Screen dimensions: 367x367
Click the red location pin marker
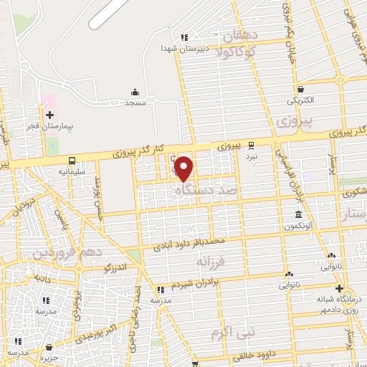(184, 168)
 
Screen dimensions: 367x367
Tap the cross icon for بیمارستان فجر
(49, 115)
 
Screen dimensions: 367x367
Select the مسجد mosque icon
(135, 92)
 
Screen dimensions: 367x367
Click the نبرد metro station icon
(251, 144)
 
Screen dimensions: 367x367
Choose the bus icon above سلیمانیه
(71, 161)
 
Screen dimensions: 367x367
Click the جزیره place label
(49, 356)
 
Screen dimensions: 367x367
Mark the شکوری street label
(354, 193)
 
